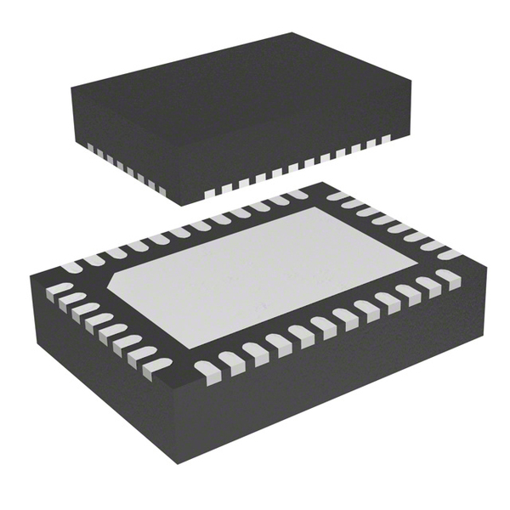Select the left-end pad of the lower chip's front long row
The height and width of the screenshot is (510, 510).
[x=206, y=367]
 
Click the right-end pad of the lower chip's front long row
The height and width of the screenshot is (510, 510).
[x=449, y=276]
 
